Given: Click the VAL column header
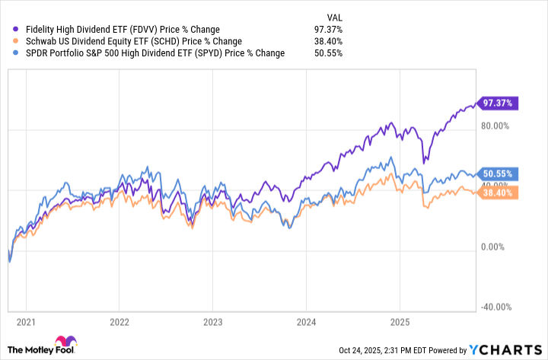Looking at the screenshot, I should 334,15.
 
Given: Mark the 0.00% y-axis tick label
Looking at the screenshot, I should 497,247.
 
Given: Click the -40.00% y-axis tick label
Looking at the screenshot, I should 495,307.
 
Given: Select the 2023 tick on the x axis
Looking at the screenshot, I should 212,321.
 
